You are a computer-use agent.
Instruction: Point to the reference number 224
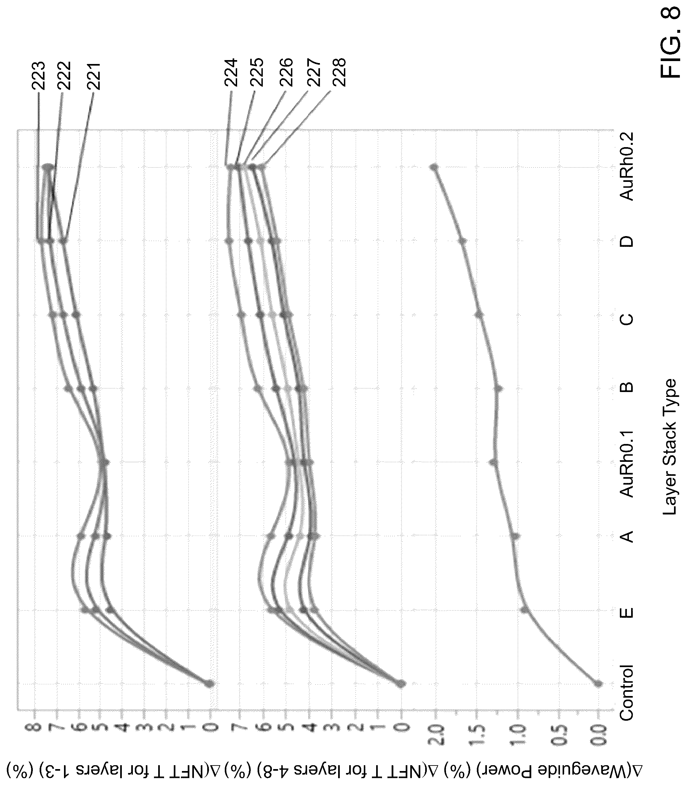click(x=231, y=73)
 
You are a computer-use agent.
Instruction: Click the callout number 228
click(x=339, y=73)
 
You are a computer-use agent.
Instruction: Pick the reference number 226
click(x=285, y=73)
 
